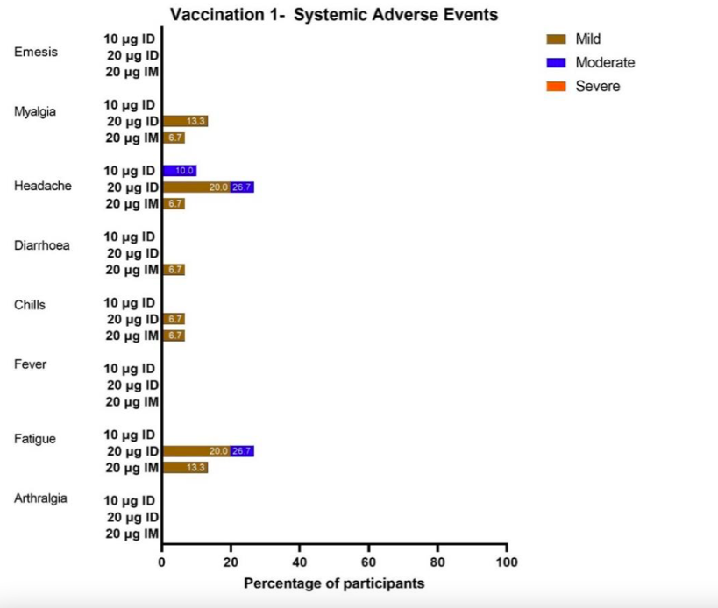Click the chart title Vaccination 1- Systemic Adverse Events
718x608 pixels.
tap(334, 15)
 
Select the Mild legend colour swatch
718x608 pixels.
tap(556, 39)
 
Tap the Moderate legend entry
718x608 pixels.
tap(604, 63)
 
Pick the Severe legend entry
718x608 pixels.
tap(597, 86)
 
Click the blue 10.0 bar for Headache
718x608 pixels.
tap(180, 171)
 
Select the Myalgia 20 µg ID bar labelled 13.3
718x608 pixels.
tap(185, 121)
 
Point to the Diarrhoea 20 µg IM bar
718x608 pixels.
tap(174, 270)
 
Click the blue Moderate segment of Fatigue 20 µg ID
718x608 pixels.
tap(242, 451)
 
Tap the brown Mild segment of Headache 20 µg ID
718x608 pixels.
tap(196, 187)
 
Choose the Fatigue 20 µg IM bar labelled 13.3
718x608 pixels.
tap(185, 468)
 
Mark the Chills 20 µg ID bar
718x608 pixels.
tap(174, 319)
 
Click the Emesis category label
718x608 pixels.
tap(36, 52)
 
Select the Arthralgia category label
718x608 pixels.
tap(41, 498)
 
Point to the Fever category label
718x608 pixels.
tap(31, 364)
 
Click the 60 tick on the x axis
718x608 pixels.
tap(368, 562)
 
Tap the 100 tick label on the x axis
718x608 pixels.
tap(506, 562)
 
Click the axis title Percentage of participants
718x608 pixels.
tap(334, 583)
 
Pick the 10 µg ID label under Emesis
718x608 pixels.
tap(130, 39)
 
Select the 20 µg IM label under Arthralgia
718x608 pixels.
tap(132, 534)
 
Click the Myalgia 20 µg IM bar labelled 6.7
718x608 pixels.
tap(174, 138)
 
